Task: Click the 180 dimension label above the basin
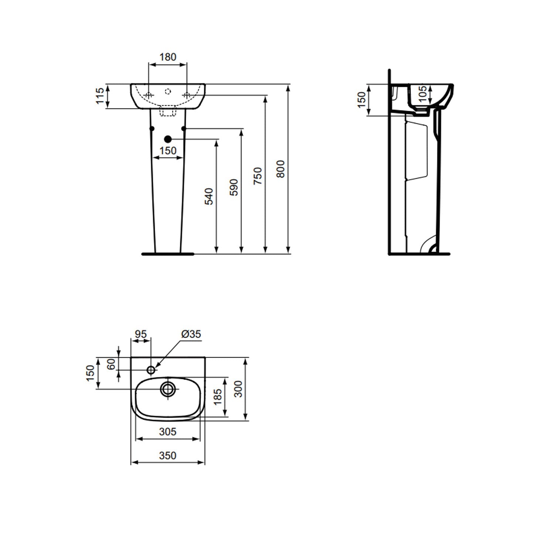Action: click(x=168, y=57)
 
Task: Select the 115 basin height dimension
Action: click(x=100, y=96)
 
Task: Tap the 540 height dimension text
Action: click(x=209, y=196)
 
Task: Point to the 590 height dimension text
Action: click(x=233, y=187)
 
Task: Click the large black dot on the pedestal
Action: click(x=168, y=139)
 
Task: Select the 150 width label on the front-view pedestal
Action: click(x=168, y=151)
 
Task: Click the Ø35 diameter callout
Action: click(x=191, y=334)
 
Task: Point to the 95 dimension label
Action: click(x=140, y=334)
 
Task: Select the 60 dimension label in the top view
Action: click(x=111, y=364)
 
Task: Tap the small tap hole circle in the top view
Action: click(x=151, y=370)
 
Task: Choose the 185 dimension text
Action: click(x=218, y=397)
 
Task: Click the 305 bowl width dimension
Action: click(x=168, y=431)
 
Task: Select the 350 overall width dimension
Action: click(x=168, y=456)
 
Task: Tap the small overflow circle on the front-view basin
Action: click(x=168, y=90)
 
